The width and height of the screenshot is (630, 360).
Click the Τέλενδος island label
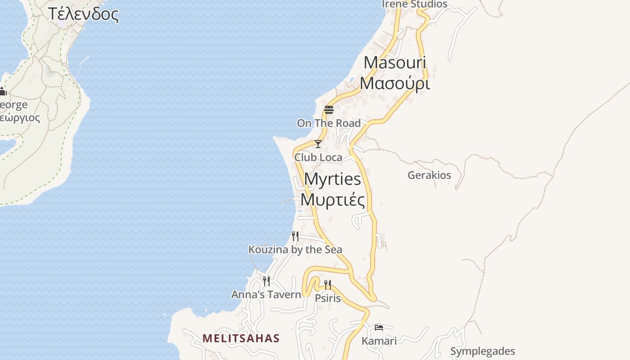point(83,14)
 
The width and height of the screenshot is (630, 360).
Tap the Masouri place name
point(395,62)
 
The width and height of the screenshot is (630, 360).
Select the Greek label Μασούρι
point(395,83)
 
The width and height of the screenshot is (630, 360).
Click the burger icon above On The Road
point(328,109)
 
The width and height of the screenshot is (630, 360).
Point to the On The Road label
point(328,123)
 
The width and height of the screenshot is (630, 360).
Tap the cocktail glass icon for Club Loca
point(318,144)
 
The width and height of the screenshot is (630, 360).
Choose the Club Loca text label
point(318,157)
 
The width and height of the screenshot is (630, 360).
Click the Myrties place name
point(333,179)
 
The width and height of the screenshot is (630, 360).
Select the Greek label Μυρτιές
point(333,200)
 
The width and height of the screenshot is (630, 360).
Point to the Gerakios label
point(429,175)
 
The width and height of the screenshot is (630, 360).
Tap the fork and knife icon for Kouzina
point(295,236)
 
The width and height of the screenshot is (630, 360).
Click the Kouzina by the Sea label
point(295,249)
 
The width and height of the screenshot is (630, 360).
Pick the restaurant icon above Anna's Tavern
point(266,281)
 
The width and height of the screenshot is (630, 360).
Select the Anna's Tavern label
point(266,295)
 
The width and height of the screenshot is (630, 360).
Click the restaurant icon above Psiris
point(328,284)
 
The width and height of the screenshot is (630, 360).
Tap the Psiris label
point(328,298)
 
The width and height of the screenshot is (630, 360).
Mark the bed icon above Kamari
point(379,327)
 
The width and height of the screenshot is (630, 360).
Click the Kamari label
point(379,341)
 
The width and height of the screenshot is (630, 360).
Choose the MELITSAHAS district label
point(241,338)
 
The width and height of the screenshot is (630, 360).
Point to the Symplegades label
point(482,351)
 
